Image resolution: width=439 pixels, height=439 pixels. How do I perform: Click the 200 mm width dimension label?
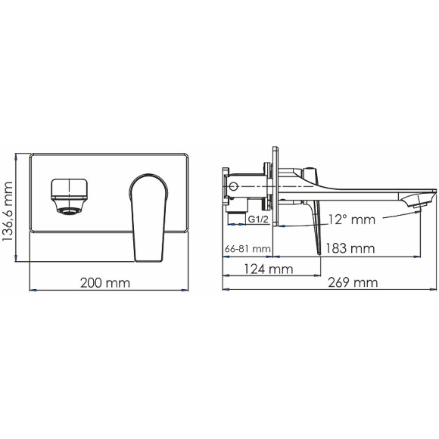click(105, 283)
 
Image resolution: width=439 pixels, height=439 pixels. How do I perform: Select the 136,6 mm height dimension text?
click(9, 209)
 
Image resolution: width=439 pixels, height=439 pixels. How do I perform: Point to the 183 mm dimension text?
click(352, 248)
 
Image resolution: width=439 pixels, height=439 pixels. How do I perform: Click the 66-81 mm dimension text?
click(248, 248)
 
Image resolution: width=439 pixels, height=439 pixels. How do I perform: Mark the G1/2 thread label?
click(260, 219)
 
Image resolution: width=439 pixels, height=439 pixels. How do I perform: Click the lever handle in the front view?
click(148, 216)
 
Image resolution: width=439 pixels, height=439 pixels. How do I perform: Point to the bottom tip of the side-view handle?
click(316, 253)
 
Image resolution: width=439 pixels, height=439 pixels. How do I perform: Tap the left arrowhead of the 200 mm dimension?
click(32, 290)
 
